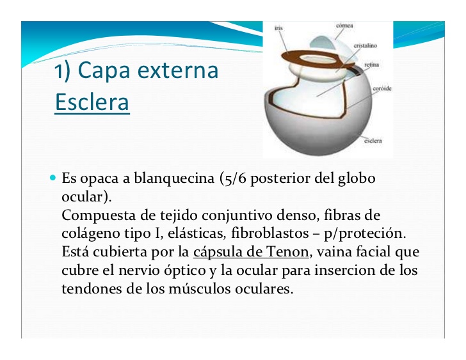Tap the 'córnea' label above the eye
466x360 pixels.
click(344, 26)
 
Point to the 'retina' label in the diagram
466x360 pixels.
click(372, 65)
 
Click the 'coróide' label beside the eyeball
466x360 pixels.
click(382, 90)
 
